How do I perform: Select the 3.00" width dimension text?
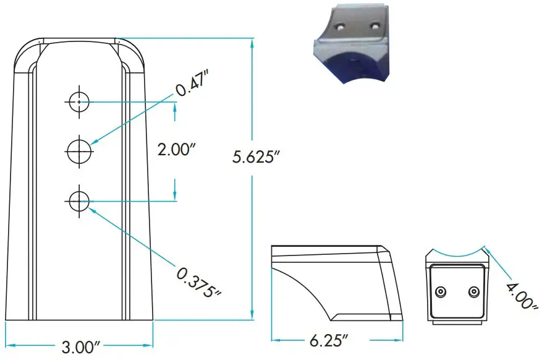(80, 346)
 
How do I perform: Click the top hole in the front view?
(79, 101)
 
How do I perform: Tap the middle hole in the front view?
(79, 150)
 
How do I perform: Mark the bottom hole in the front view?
(79, 200)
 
